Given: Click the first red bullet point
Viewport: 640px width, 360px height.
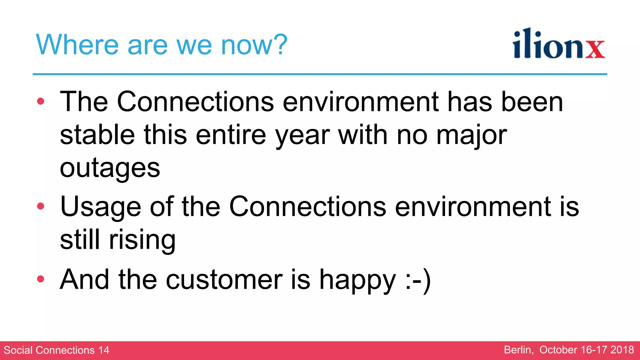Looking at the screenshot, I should click(x=41, y=101).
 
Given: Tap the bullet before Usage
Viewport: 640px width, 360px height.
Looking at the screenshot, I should click(x=41, y=206).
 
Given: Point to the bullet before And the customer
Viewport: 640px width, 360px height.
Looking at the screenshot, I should click(x=41, y=279).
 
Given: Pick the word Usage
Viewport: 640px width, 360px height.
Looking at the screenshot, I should click(x=100, y=207).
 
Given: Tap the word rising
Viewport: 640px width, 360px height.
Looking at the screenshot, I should click(x=142, y=240).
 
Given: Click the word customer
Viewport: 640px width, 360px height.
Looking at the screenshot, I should click(x=224, y=280).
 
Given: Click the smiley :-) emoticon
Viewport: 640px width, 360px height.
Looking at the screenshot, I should click(x=418, y=280).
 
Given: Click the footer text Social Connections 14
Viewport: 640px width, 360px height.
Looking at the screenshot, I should click(x=57, y=350).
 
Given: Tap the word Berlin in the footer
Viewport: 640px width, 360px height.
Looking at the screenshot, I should click(x=518, y=350).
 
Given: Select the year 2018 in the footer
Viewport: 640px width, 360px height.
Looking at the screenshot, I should click(x=622, y=350).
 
